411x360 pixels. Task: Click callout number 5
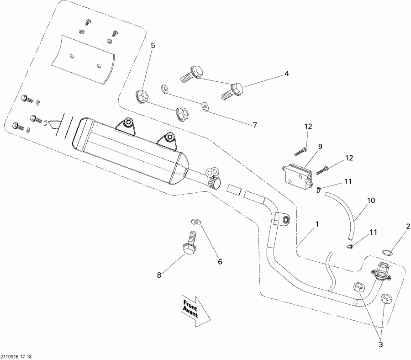point(153,46)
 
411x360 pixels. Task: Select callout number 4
point(287,73)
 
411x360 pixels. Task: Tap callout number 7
point(255,125)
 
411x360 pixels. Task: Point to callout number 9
point(320,147)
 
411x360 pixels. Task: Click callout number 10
point(370,200)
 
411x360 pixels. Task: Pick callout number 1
point(316,225)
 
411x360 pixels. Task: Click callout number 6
point(220,262)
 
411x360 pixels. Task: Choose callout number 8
point(159,275)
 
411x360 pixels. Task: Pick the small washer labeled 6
point(196,222)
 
